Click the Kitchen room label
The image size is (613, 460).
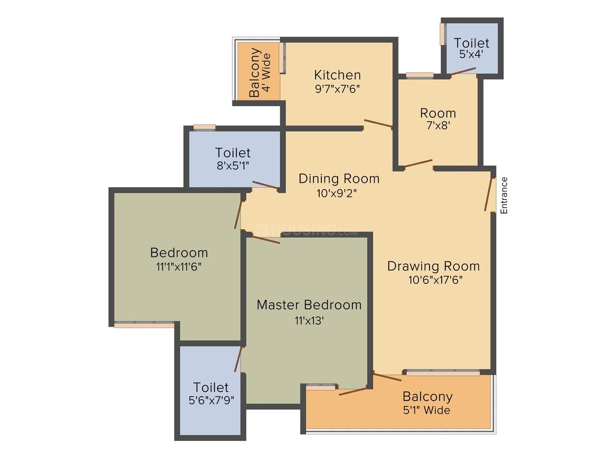point(337,75)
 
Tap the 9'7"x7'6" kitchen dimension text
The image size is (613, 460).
point(337,89)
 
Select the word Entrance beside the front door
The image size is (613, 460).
point(504,195)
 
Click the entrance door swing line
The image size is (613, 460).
point(488,194)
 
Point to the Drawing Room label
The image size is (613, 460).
point(433,266)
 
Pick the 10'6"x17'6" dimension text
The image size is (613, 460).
point(435,280)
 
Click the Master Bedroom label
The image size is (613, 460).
point(309,305)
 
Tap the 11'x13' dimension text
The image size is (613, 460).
point(309,321)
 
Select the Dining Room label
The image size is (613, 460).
point(339,178)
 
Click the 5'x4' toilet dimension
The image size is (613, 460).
point(471,54)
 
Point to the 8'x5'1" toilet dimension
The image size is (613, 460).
point(233,165)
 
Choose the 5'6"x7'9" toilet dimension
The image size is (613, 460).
point(211,400)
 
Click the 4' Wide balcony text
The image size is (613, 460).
point(266,72)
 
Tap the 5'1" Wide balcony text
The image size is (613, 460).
point(427,410)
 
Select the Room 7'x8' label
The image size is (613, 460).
point(438,119)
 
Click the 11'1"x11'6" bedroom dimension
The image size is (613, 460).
point(179,267)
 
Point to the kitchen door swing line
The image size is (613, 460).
point(378,123)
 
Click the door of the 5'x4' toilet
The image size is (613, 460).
point(463,71)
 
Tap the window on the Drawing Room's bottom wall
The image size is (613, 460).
point(443,372)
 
